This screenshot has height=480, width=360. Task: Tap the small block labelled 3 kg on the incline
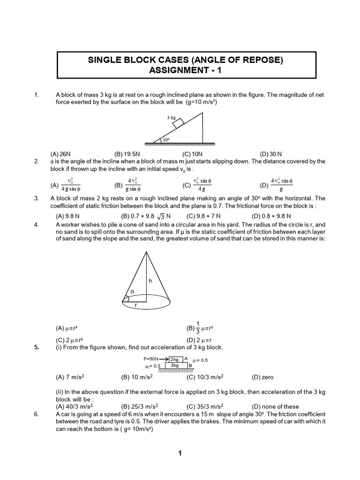[178, 123]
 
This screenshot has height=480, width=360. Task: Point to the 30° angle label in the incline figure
[165, 139]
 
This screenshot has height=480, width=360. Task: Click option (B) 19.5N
[128, 154]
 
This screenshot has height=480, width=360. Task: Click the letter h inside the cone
[150, 281]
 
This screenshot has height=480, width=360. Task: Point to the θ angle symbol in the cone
[132, 292]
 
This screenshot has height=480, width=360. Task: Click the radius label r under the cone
[136, 305]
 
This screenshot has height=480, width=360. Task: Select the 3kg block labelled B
[175, 365]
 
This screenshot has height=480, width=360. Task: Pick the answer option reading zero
[262, 377]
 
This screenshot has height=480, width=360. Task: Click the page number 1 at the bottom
[180, 453]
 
